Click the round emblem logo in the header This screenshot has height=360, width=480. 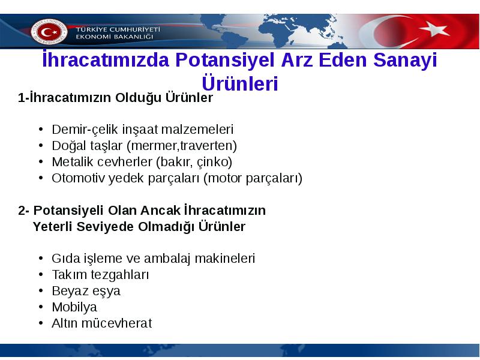[49, 32]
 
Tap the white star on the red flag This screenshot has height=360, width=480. [435, 29]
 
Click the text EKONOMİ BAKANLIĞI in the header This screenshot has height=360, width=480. [115, 37]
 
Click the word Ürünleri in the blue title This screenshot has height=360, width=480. [240, 83]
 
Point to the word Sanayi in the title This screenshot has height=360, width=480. [405, 60]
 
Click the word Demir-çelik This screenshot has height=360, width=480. [85, 130]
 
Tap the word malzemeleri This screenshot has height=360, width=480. [197, 130]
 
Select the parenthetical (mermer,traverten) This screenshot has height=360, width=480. [182, 146]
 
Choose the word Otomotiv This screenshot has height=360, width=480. [78, 178]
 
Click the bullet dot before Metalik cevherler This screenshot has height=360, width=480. [41, 161]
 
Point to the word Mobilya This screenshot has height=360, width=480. [74, 307]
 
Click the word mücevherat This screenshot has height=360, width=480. [116, 323]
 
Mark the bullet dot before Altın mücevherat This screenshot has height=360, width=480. [41, 323]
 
